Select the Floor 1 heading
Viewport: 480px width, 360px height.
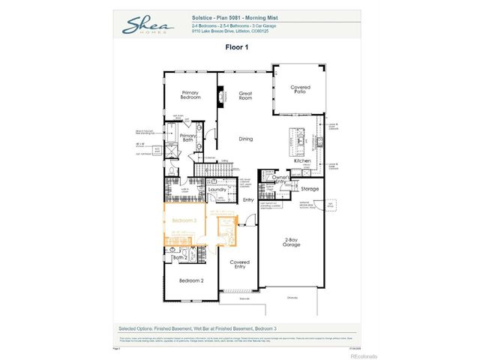[x=240, y=46]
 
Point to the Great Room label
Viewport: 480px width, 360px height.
[x=245, y=95]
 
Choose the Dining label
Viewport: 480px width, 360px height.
[x=245, y=139]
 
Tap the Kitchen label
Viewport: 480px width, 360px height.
[x=302, y=160]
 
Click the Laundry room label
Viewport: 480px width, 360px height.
[x=217, y=190]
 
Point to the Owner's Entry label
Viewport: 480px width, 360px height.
[x=280, y=179]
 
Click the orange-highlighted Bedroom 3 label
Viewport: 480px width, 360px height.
[x=184, y=220]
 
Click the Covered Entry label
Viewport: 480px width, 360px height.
[x=239, y=264]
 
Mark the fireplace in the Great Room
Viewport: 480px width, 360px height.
[x=220, y=95]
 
